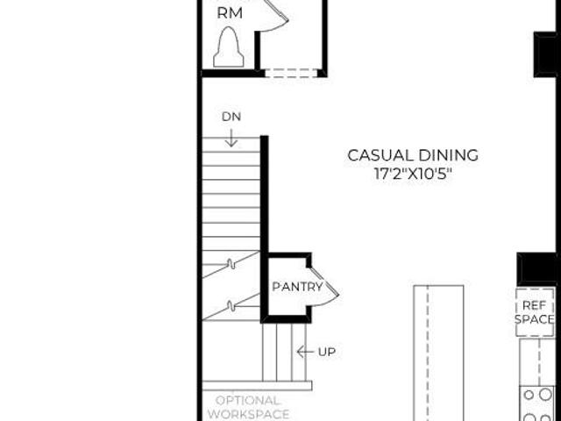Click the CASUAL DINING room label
(413, 155)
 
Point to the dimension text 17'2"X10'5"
(413, 175)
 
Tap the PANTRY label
(297, 287)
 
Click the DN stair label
(231, 117)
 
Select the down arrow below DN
(231, 139)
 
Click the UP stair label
(327, 353)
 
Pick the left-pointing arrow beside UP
(305, 352)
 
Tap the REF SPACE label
(535, 312)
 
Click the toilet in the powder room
(229, 47)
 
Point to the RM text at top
(230, 13)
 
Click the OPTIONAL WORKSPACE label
(249, 407)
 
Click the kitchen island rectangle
(438, 353)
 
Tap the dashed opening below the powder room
(291, 73)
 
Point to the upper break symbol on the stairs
(231, 264)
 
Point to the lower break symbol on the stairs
(231, 306)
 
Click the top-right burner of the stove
(545, 395)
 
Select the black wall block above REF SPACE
(536, 269)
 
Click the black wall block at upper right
(545, 54)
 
